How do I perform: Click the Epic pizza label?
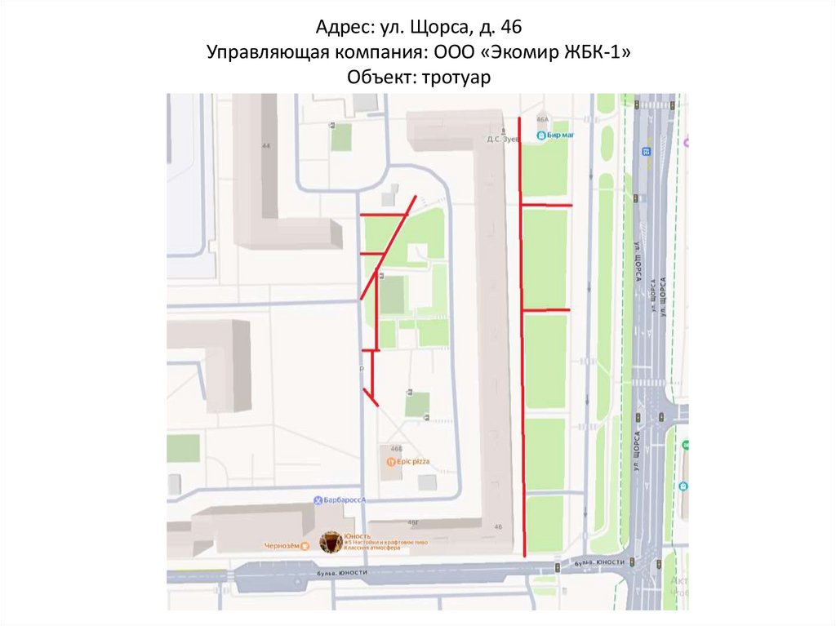click(x=413, y=462)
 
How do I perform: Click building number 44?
click(x=265, y=146)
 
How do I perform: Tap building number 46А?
click(x=542, y=119)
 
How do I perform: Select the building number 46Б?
click(x=397, y=449)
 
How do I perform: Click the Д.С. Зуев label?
click(x=504, y=139)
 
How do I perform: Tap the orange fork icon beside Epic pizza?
click(x=391, y=462)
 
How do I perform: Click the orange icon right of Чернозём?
click(x=305, y=546)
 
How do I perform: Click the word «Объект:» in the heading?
click(x=379, y=77)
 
